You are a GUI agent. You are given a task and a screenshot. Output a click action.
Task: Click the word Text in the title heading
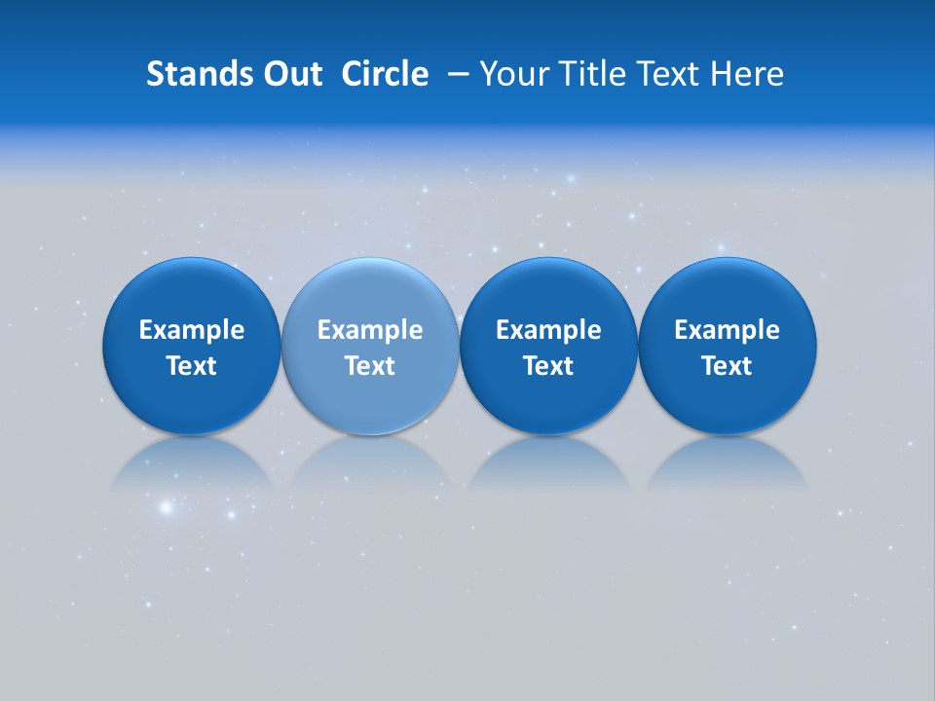[x=665, y=74]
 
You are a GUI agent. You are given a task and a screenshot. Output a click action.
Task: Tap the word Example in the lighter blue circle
[x=370, y=330]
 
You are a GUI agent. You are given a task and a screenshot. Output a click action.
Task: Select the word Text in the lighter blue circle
[x=370, y=366]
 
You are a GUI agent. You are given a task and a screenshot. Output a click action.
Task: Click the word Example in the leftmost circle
[x=191, y=330]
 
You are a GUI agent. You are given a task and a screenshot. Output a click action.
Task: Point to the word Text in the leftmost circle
[x=191, y=366]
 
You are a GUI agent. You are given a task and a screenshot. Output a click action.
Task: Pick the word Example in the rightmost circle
[x=727, y=330]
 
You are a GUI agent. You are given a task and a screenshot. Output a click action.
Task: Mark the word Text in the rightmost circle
[x=727, y=366]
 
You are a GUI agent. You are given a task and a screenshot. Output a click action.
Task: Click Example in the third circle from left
[x=548, y=330]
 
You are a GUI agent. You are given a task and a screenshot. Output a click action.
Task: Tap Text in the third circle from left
[x=548, y=366]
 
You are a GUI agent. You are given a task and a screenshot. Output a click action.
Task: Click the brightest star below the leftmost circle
[x=166, y=507]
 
